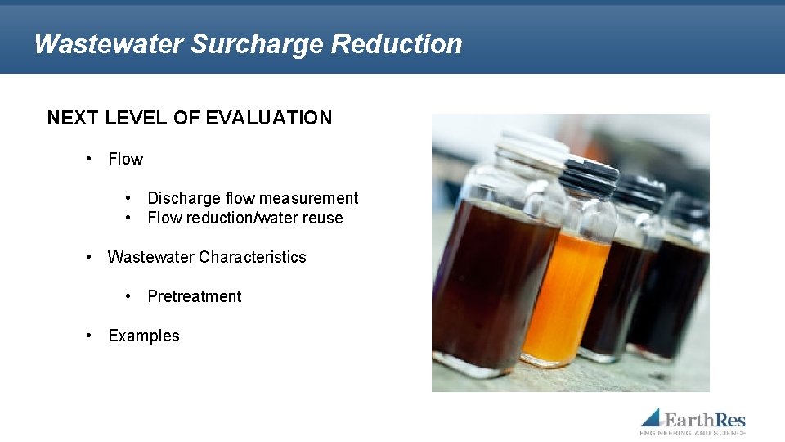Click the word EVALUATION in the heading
[x=269, y=118]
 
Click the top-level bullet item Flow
[x=125, y=159]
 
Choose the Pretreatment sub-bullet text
[x=195, y=296]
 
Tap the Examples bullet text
[x=144, y=336]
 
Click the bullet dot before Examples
[x=89, y=336]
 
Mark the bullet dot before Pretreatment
[x=129, y=296]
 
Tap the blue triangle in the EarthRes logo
[x=652, y=417]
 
